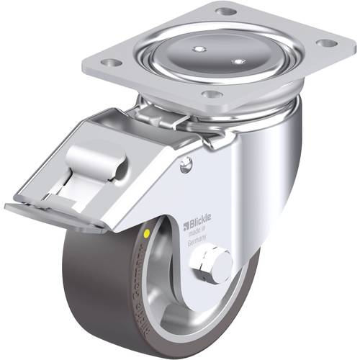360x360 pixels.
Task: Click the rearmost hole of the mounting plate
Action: pos(225,12)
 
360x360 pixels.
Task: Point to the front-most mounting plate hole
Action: pos(210,94)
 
